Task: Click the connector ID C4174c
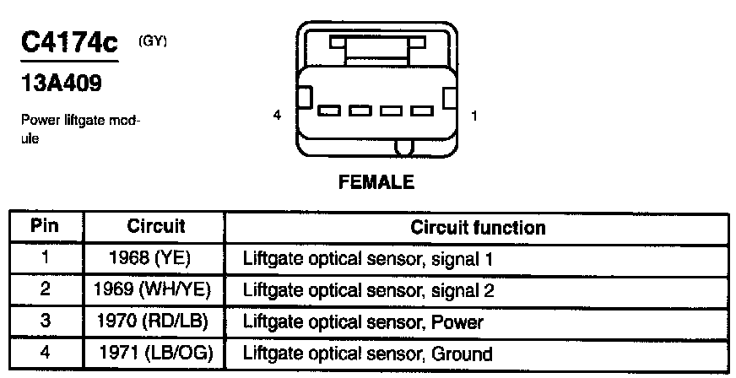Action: (69, 44)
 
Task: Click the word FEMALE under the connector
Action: (376, 181)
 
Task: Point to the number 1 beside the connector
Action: (474, 116)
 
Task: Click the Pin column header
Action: (46, 226)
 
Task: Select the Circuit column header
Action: (156, 226)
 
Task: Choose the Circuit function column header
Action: (478, 227)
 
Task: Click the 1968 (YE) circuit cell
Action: (154, 257)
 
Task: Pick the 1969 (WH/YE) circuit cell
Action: (154, 289)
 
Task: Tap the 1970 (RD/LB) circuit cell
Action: (154, 321)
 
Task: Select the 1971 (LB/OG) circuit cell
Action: (155, 353)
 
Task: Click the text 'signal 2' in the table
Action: (467, 290)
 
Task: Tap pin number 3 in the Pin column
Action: (46, 321)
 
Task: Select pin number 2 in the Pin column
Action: (46, 289)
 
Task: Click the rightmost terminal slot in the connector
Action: (420, 111)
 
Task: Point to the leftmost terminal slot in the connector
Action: (329, 111)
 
